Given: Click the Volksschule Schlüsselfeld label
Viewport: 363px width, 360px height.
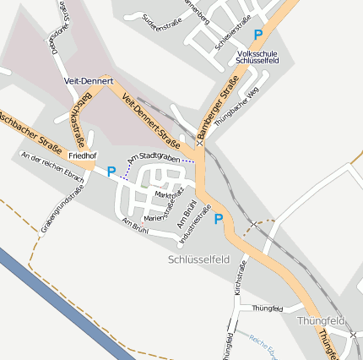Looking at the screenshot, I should point(258,57).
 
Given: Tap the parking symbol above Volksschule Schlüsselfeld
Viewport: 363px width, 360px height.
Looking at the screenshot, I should point(258,35).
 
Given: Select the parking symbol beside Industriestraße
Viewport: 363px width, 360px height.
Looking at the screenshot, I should point(219,220).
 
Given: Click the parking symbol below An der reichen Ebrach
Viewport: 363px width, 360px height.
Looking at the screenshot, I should point(111,172).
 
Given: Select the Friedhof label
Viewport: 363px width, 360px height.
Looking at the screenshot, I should point(83,156).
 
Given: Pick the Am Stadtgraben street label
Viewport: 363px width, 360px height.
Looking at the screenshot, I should point(154,157).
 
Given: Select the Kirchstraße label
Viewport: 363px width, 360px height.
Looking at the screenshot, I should point(239,278).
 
